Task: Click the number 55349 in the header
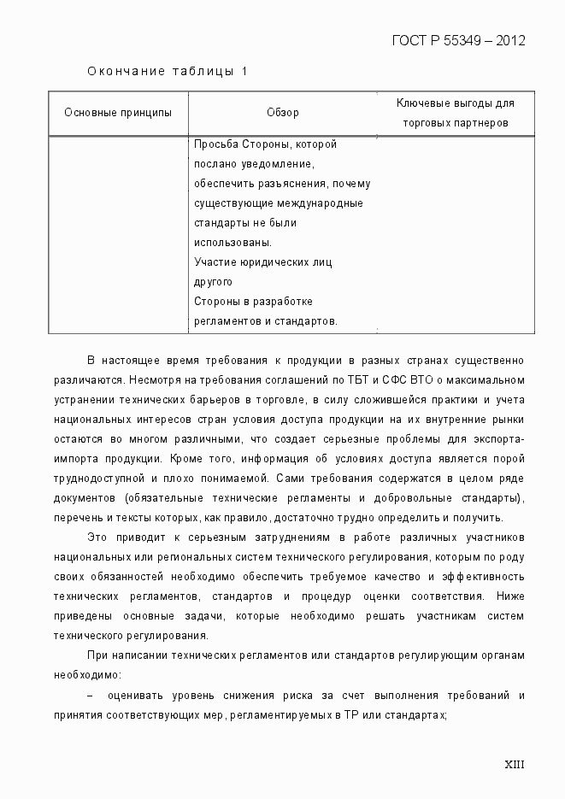tap(462, 40)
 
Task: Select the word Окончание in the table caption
tap(126, 71)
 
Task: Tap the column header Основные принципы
tap(118, 113)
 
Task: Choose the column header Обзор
tap(282, 113)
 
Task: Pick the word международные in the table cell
tap(328, 203)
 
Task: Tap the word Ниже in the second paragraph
tap(510, 596)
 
